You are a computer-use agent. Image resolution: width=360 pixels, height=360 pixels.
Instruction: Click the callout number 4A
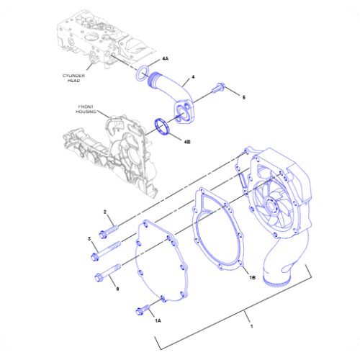click(x=165, y=58)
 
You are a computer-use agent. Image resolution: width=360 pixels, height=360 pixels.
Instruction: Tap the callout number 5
click(x=243, y=96)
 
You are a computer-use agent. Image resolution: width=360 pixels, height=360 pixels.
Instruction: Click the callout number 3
click(x=89, y=238)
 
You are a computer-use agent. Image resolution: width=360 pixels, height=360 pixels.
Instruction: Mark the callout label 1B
click(x=252, y=277)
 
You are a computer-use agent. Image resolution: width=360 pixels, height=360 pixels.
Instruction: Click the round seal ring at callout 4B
click(x=165, y=127)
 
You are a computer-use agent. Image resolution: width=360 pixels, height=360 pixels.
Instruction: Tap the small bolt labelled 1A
click(x=143, y=309)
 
